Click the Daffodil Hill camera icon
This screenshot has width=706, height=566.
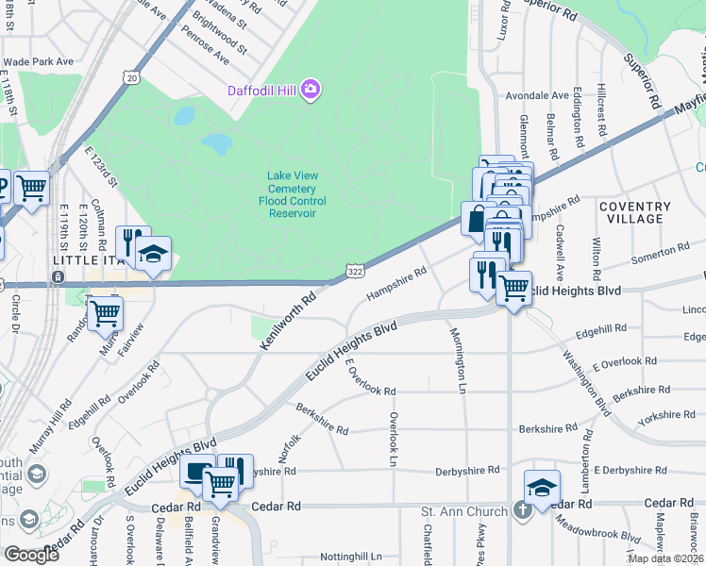coord(311,91)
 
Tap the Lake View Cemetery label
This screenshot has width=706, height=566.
coord(293,188)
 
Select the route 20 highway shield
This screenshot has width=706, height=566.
coord(130,77)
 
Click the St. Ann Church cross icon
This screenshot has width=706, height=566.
coord(522,511)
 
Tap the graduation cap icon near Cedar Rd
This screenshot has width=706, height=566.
coord(542,488)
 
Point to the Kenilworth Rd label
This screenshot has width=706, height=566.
coord(287,321)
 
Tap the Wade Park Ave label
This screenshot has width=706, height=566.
coord(38,61)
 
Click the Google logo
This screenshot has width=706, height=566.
coord(31,555)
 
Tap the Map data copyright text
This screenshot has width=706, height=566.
coord(666,558)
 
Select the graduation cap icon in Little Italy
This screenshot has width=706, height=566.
coord(152,254)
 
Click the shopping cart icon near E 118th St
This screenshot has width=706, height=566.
coord(32,189)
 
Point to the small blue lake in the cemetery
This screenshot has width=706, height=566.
coord(218,143)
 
